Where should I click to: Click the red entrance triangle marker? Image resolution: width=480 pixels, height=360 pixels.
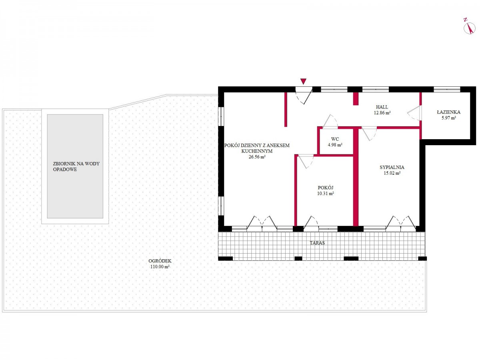[303, 81]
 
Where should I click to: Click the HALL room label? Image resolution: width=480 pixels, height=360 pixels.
[382, 107]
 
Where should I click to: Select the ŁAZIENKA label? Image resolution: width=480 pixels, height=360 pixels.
[448, 112]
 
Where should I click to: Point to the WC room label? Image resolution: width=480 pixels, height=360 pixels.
[335, 139]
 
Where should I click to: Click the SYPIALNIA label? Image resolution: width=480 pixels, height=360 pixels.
[392, 168]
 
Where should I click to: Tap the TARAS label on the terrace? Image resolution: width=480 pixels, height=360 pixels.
[317, 243]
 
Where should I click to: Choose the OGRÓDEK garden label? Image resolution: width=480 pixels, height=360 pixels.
[160, 261]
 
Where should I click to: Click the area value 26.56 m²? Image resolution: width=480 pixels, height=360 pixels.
[257, 157]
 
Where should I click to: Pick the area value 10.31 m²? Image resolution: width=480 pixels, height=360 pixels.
[325, 194]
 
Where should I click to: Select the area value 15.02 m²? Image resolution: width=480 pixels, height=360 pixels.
[392, 173]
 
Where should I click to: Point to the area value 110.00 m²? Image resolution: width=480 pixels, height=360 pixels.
[160, 267]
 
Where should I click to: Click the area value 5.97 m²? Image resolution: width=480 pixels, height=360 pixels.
[448, 118]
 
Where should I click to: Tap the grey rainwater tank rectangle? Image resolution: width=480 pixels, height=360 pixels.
[75, 166]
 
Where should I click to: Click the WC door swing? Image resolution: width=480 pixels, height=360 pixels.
[330, 121]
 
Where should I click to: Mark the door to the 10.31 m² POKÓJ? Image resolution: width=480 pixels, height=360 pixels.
[306, 162]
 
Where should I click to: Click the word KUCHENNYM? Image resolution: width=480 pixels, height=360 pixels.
[257, 151]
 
